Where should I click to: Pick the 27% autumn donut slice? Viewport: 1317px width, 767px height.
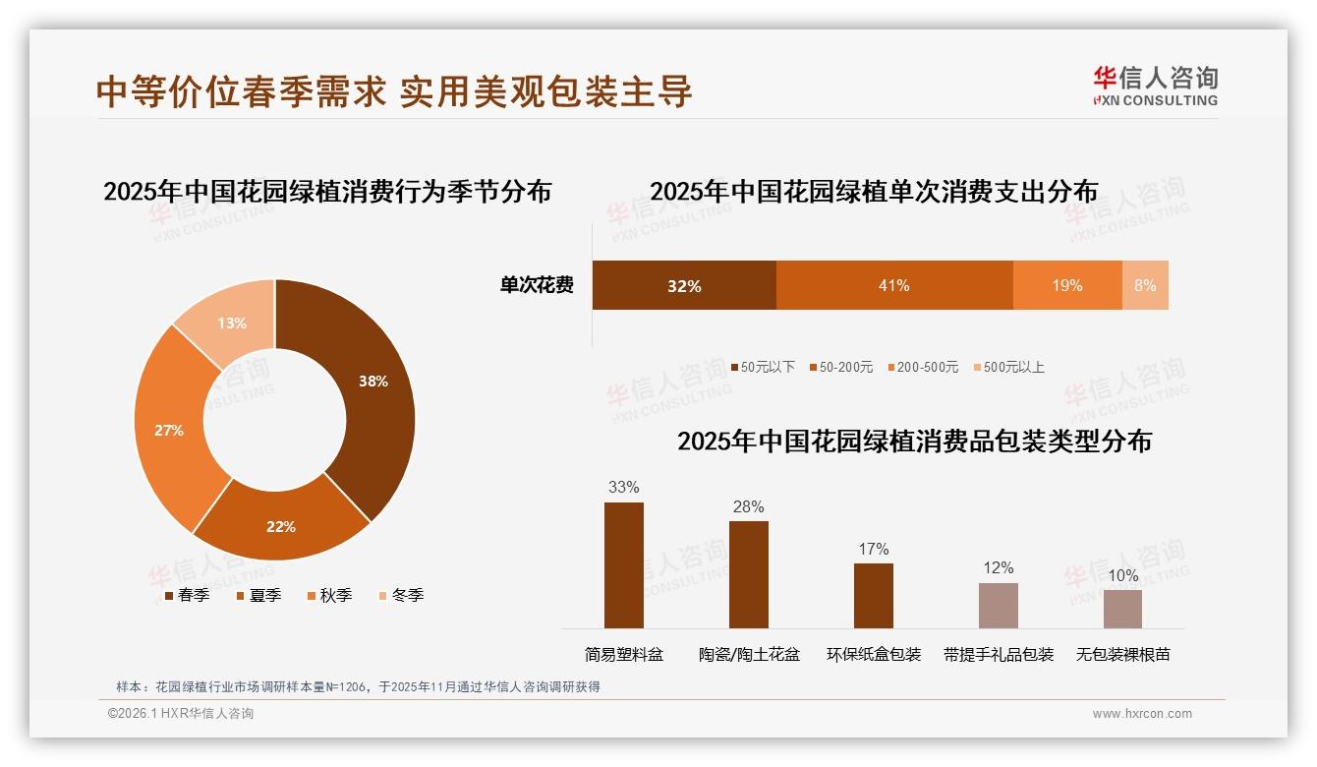(170, 430)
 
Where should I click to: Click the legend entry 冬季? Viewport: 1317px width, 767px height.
(400, 595)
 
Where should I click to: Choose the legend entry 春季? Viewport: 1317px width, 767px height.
(186, 595)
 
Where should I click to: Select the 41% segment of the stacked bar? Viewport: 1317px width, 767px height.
(893, 285)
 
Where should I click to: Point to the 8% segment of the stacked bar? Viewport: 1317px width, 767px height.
(1145, 285)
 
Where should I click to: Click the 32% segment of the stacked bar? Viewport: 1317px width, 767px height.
(684, 285)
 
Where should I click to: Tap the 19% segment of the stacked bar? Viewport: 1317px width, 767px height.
(1067, 285)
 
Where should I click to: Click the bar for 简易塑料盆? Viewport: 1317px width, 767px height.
(624, 565)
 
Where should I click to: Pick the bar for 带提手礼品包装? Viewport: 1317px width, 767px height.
(998, 605)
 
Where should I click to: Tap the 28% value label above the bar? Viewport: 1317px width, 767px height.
(748, 507)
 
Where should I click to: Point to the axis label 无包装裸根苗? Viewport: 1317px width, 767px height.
(1122, 654)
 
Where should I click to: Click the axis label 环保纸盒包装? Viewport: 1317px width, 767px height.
(873, 654)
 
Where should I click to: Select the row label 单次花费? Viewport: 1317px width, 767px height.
(537, 285)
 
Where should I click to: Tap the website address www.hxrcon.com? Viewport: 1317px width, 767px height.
(1141, 714)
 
